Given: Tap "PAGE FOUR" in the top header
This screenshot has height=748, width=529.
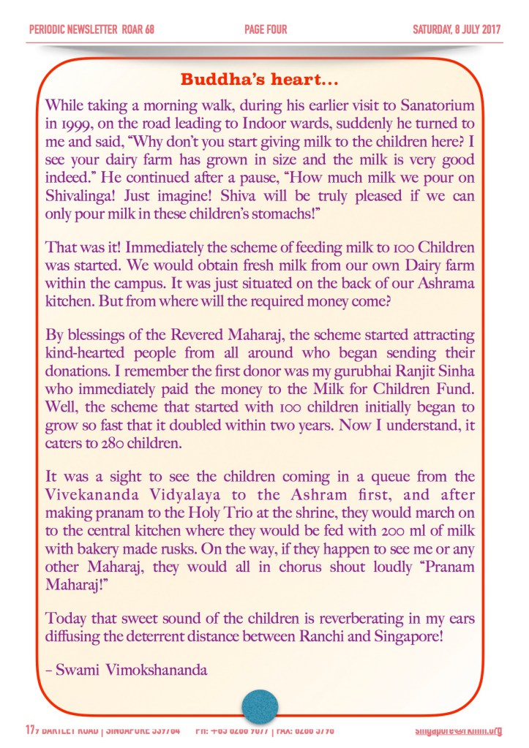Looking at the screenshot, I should click(x=266, y=30).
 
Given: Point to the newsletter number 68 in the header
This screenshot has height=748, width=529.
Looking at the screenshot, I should click(x=149, y=30).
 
